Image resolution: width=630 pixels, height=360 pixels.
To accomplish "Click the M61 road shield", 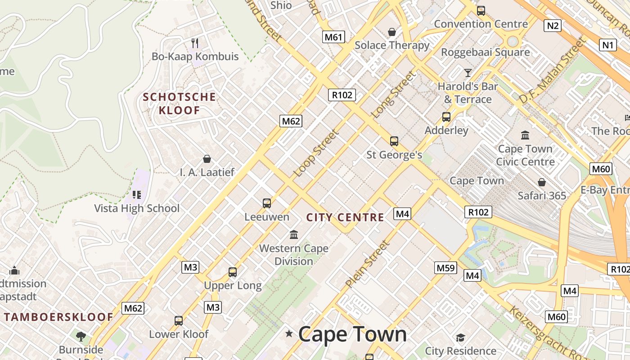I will (333, 37).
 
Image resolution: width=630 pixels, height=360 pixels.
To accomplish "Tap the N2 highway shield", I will (552, 26).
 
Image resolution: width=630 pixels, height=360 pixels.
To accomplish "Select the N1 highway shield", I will (607, 45).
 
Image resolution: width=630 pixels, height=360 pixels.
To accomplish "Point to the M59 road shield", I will (445, 268).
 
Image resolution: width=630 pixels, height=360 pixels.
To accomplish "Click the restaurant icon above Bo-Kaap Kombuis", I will (195, 43).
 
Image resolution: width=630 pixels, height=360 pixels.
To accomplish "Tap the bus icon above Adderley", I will (446, 117).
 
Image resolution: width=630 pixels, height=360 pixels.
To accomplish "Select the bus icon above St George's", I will (394, 141).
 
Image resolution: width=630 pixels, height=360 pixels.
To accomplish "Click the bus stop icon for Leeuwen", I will (267, 203).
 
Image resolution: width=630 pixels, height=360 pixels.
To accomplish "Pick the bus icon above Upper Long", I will (232, 272).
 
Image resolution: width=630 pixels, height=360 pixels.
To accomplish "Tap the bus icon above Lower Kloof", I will (179, 321).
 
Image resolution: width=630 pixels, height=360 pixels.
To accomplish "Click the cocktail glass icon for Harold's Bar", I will (468, 72).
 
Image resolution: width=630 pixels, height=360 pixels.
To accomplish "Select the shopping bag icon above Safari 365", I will (541, 182).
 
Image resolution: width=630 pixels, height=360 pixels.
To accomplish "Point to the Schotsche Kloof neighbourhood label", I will (179, 103).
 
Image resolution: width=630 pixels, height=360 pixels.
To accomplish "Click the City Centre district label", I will (345, 218).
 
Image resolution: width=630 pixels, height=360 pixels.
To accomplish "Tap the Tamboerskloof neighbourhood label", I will (58, 317).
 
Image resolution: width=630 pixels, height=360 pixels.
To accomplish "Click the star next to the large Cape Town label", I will (289, 333).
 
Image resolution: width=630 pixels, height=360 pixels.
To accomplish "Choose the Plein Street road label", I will (367, 264).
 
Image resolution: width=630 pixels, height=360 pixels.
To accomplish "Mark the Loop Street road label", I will (316, 153).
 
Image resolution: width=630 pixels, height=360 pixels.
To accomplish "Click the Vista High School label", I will (137, 208).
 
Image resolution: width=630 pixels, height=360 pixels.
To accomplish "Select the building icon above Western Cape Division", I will (294, 234).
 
